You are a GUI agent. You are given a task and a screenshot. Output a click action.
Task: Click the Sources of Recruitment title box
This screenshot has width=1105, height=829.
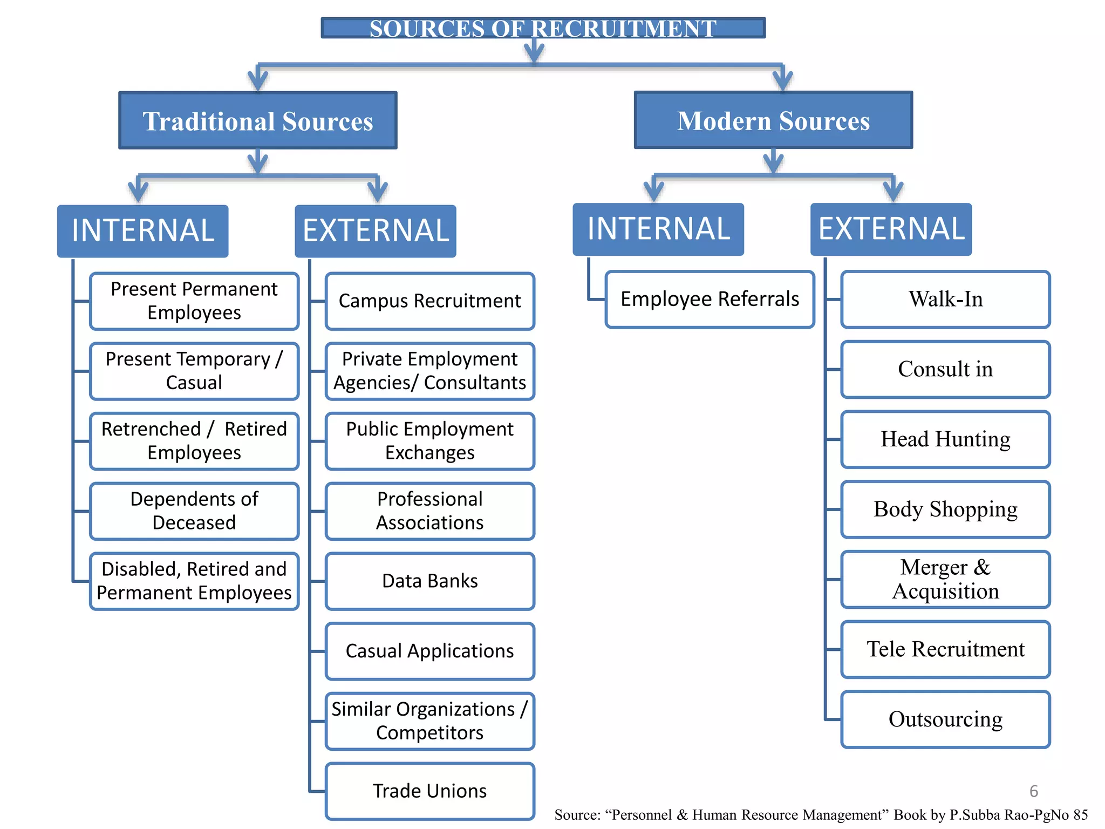coord(543,28)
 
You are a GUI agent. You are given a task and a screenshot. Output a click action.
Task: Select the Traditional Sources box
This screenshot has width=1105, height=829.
coord(258,121)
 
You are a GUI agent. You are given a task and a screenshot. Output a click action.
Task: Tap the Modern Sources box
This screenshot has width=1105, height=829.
coord(773,120)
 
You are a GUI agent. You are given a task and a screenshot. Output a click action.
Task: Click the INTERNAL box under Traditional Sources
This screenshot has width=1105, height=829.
coord(143,231)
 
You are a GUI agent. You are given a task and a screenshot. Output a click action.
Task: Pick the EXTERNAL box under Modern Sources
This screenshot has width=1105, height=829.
coord(891,229)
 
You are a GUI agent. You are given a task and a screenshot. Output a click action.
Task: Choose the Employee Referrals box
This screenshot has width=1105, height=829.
coord(710,300)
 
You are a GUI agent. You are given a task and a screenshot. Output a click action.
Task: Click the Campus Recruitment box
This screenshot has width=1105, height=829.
coord(430,301)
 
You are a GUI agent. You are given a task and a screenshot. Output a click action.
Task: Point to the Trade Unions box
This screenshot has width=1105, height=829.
coord(430,791)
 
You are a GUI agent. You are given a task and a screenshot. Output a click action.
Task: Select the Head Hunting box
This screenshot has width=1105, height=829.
coord(945,439)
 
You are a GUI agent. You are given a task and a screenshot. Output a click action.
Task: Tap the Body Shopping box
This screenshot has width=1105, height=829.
coord(945,509)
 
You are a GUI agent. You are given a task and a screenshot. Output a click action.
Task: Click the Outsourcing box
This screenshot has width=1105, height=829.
coord(945,719)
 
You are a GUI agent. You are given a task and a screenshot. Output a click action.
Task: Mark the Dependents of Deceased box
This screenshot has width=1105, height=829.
coord(194,511)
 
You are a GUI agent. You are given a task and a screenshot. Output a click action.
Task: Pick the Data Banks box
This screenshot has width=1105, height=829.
coord(430,581)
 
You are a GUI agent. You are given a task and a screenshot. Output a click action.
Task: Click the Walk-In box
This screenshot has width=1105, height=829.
coord(945,300)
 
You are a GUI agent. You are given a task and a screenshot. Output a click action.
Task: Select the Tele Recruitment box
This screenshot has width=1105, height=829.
coord(945,649)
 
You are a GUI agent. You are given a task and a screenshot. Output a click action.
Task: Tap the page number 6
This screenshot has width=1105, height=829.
coord(1033,791)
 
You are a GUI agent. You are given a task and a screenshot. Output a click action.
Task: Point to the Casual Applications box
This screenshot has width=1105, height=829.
coord(430,651)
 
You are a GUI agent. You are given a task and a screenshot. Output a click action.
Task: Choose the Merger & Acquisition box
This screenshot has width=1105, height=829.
coord(945,580)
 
